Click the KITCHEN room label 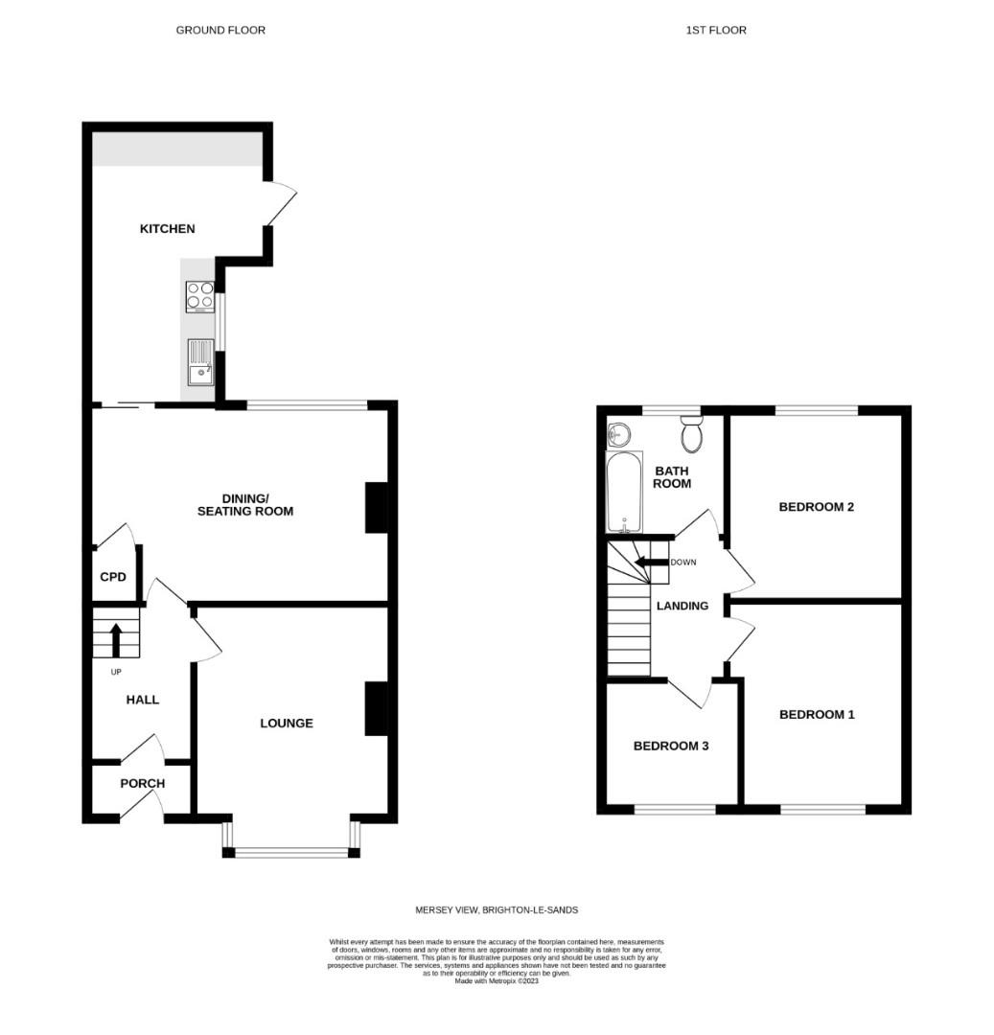coord(168,229)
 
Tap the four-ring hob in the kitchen coord(199,296)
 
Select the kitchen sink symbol coord(200,361)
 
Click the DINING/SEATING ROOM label coord(245,505)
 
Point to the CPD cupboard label coord(113,577)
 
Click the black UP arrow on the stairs coord(116,639)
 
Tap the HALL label coord(143,700)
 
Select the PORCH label coord(142,783)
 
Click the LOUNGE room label coord(287,723)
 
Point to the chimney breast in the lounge coord(376,708)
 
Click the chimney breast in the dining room coord(376,507)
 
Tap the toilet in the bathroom coord(691,436)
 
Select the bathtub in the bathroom coord(624,492)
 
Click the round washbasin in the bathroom coord(619,435)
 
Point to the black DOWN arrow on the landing coord(651,563)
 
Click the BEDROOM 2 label coord(816,507)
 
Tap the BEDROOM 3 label coord(671,746)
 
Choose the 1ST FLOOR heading coord(715,31)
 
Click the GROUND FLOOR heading coord(220,31)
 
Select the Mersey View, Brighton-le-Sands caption coord(496,909)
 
